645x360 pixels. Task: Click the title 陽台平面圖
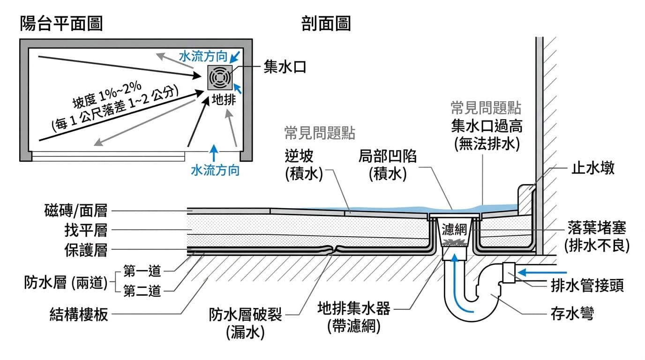click(61, 23)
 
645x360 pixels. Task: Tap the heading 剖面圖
click(326, 23)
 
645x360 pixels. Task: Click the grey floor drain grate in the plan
click(219, 77)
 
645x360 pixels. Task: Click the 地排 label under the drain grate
click(221, 100)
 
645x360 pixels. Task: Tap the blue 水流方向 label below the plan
click(215, 170)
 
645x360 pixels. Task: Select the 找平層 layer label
click(85, 230)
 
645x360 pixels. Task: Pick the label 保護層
click(85, 250)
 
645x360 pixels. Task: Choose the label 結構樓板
click(79, 314)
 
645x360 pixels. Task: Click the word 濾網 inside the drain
click(454, 229)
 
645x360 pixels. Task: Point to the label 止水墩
click(592, 168)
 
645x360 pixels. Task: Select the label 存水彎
click(572, 314)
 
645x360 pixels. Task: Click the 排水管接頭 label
click(587, 285)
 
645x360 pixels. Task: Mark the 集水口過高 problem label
click(487, 126)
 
